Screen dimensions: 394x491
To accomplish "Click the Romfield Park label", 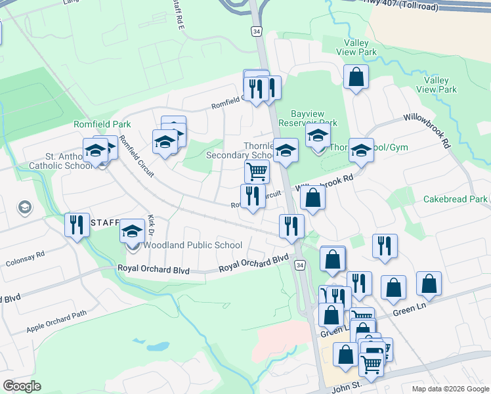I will (102, 124).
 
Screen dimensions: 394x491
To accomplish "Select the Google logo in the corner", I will (22, 386).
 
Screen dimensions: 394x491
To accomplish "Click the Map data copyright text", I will (450, 389).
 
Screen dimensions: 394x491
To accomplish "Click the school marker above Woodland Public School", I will (132, 231).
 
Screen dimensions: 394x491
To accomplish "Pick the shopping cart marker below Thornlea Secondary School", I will (256, 172).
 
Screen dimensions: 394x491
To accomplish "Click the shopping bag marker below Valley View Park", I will (356, 77).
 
